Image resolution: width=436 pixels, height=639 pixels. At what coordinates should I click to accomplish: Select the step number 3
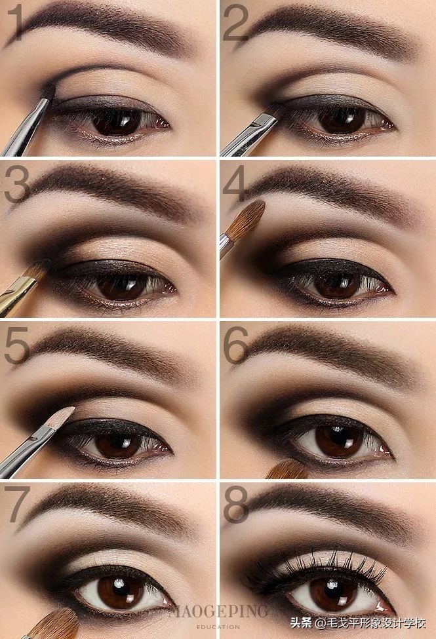click(17, 184)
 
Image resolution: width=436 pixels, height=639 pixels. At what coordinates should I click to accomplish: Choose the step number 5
click(17, 345)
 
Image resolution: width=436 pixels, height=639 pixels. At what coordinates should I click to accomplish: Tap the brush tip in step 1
click(49, 91)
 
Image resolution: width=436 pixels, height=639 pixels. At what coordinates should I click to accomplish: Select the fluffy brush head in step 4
click(245, 220)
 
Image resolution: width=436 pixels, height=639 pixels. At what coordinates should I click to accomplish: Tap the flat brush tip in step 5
click(61, 416)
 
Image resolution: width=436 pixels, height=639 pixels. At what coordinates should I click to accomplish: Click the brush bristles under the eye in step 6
click(287, 469)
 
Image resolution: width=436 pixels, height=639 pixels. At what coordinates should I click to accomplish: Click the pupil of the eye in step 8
click(333, 591)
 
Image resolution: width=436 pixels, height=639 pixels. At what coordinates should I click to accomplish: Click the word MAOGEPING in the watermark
click(218, 611)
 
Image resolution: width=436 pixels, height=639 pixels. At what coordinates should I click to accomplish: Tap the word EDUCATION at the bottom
click(218, 627)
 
